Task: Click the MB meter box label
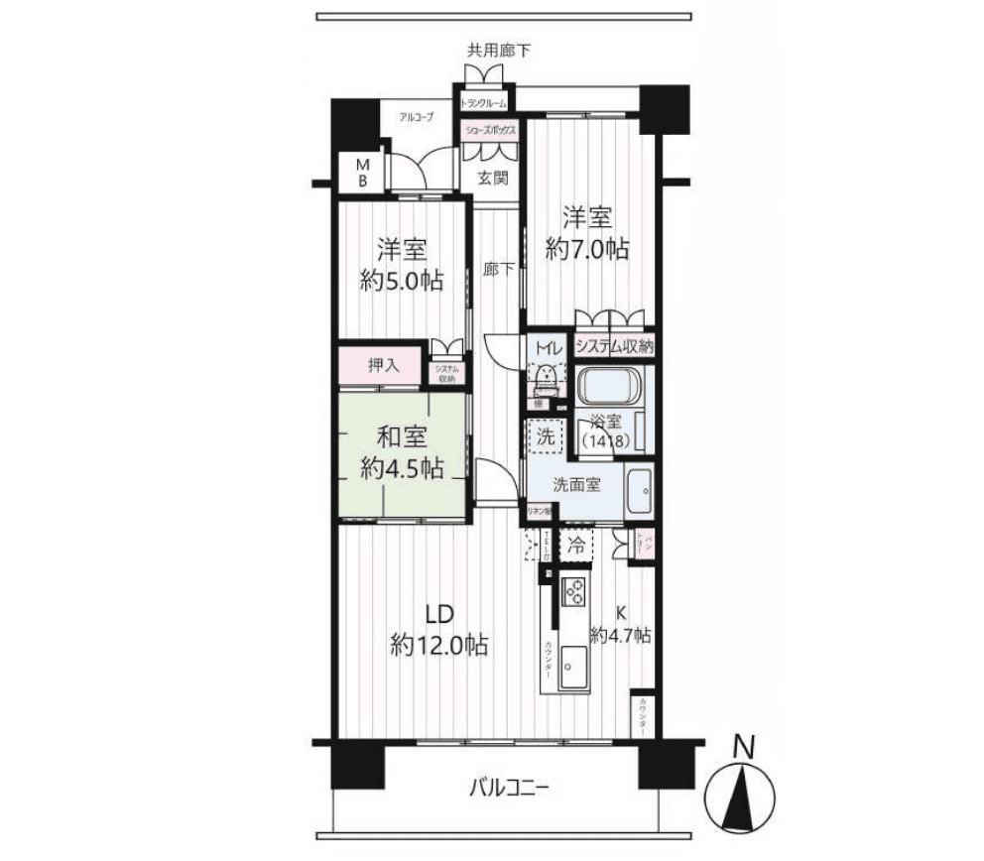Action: coord(363,173)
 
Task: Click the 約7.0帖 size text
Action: coord(587,249)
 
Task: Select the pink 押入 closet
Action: coord(384,364)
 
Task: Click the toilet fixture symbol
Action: coord(545,376)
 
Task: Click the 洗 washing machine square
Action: coord(545,433)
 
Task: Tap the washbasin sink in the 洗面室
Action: coord(639,488)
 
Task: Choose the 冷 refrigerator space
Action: coord(576,544)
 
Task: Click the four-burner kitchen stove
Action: coord(574,591)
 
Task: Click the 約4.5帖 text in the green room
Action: coord(402,468)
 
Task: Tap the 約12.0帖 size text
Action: coord(438,646)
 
